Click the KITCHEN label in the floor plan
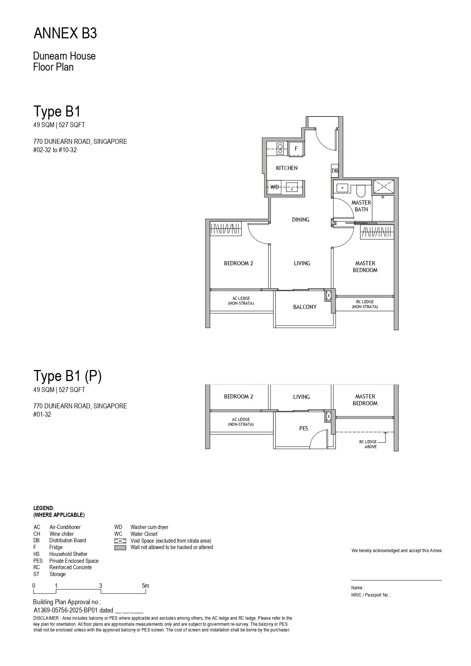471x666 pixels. (287, 168)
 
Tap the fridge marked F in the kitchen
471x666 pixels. (296, 148)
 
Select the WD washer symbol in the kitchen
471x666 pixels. (274, 187)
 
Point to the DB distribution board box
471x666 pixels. (335, 171)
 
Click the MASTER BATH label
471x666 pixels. (361, 206)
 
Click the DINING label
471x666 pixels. (301, 220)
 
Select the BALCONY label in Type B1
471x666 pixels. (305, 307)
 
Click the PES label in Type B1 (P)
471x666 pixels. (303, 428)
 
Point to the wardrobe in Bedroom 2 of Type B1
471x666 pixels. (226, 229)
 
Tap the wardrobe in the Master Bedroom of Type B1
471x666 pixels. (376, 232)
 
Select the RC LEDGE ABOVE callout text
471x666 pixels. (368, 444)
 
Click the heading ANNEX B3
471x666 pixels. (65, 34)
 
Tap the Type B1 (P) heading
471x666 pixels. (68, 376)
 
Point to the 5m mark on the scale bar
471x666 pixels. (145, 586)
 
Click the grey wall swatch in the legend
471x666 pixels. (120, 548)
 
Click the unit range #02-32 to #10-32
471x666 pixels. (55, 150)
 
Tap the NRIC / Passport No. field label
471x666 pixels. (371, 595)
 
